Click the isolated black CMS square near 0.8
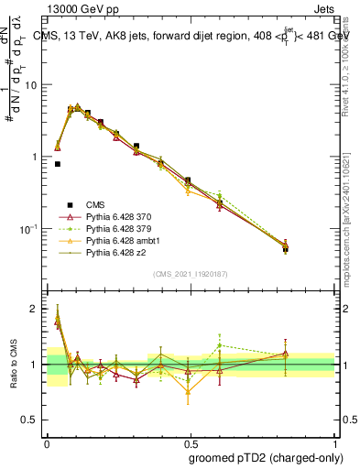(x=58, y=164)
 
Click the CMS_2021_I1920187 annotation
(x=190, y=274)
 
